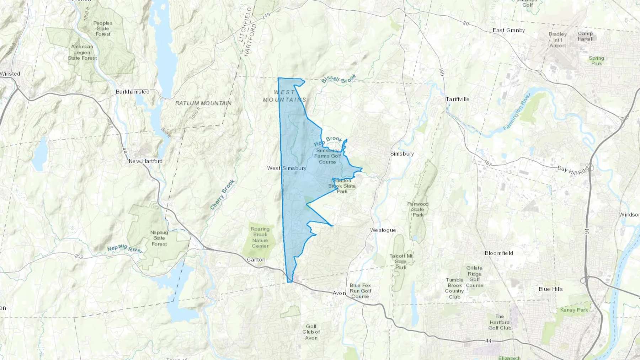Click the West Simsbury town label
pyautogui.click(x=287, y=168)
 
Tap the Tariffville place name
pyautogui.click(x=458, y=99)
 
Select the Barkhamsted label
pyautogui.click(x=132, y=92)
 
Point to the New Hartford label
pyautogui.click(x=145, y=161)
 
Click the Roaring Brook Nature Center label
pyautogui.click(x=260, y=237)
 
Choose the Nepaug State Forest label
pyautogui.click(x=159, y=238)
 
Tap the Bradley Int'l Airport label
pyautogui.click(x=558, y=40)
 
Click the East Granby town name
pyautogui.click(x=508, y=30)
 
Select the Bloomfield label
pyautogui.click(x=498, y=253)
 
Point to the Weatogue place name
pyautogui.click(x=383, y=230)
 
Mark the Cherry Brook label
pyautogui.click(x=222, y=194)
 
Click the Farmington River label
pyautogui.click(x=517, y=112)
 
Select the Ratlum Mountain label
pyautogui.click(x=203, y=103)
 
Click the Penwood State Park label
pyautogui.click(x=418, y=209)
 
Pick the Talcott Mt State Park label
pyautogui.click(x=401, y=262)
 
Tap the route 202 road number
pyautogui.click(x=79, y=256)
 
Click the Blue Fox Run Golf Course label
pyautogui.click(x=360, y=291)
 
